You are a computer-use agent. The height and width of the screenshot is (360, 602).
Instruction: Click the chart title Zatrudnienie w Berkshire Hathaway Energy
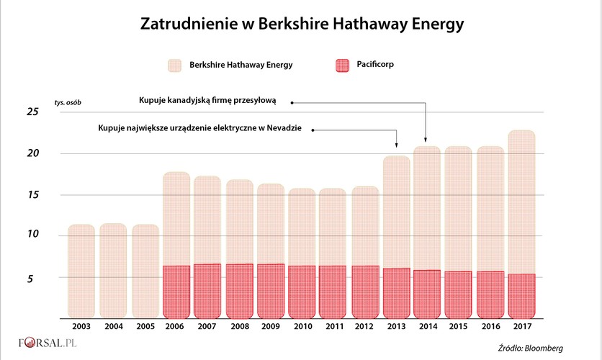pos(301,24)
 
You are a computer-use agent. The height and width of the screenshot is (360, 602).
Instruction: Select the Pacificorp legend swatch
pos(347,66)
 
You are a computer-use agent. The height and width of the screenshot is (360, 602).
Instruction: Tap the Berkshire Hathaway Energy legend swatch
pos(178,66)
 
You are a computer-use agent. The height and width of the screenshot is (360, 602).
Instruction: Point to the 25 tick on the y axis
pos(32,112)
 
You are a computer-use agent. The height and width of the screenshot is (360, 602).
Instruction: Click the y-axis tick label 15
pos(32,195)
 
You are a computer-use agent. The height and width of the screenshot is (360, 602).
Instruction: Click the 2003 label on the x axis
pos(81,326)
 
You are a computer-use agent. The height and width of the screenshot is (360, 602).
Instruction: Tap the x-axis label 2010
pos(303,326)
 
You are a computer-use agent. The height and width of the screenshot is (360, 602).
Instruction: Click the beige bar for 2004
pos(113,271)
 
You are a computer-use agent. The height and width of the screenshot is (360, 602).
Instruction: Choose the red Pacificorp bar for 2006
pos(176,292)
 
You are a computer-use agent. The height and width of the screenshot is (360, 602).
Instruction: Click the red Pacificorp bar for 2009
pos(271,290)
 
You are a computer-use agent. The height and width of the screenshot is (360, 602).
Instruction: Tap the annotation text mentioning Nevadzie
pos(205,129)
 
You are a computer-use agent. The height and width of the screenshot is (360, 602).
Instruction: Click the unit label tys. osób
pos(68,102)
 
